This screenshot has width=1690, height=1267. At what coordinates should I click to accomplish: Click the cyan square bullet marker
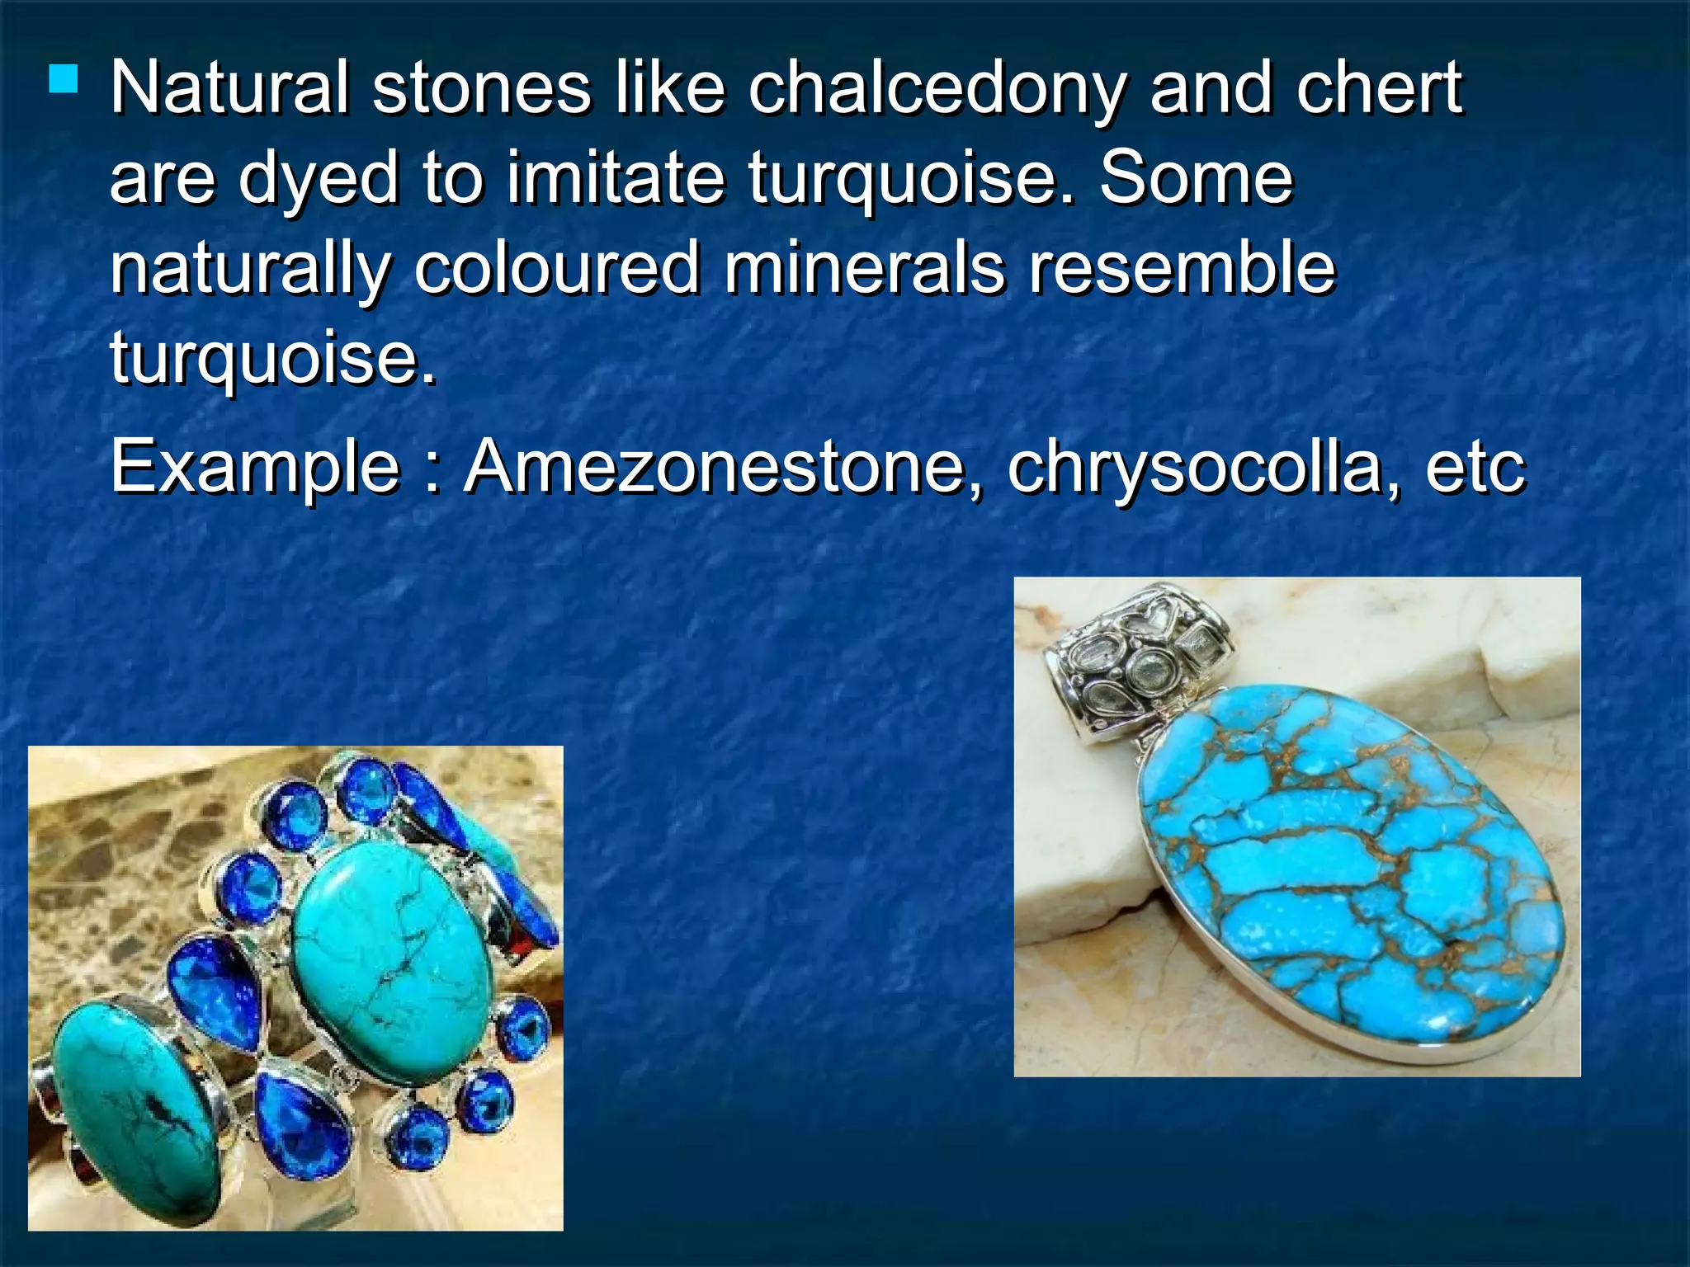pos(64,80)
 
